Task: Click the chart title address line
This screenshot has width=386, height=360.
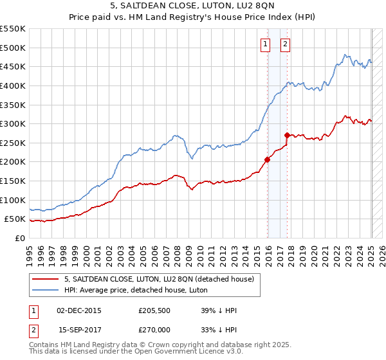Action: click(x=193, y=6)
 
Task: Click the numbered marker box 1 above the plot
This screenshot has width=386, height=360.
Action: click(x=265, y=44)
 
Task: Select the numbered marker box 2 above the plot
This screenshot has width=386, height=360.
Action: click(x=284, y=44)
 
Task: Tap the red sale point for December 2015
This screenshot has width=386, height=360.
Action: click(x=267, y=159)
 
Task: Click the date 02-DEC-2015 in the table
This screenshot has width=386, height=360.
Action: click(x=79, y=310)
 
